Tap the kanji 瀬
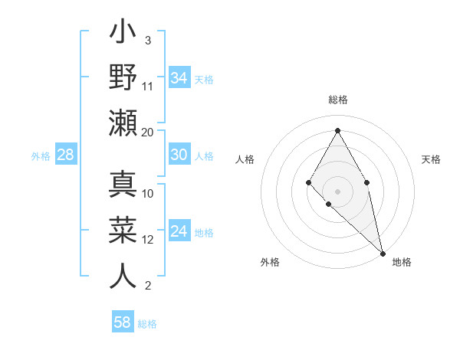pos(123,123)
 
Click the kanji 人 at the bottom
pos(123,276)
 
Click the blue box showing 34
pos(179,77)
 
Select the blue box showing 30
pos(179,155)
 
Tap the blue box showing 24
pos(179,232)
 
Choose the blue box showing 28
pos(65,155)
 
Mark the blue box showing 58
pos(122,322)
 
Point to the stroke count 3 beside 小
pos(148,40)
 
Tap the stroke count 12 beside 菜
pos(148,240)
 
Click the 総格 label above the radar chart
pos(337,100)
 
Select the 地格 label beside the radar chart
pos(402,262)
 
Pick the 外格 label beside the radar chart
pos(270,262)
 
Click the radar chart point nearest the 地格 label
pos(383,253)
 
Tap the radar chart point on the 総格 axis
pos(337,129)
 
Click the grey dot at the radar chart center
pos(337,191)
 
